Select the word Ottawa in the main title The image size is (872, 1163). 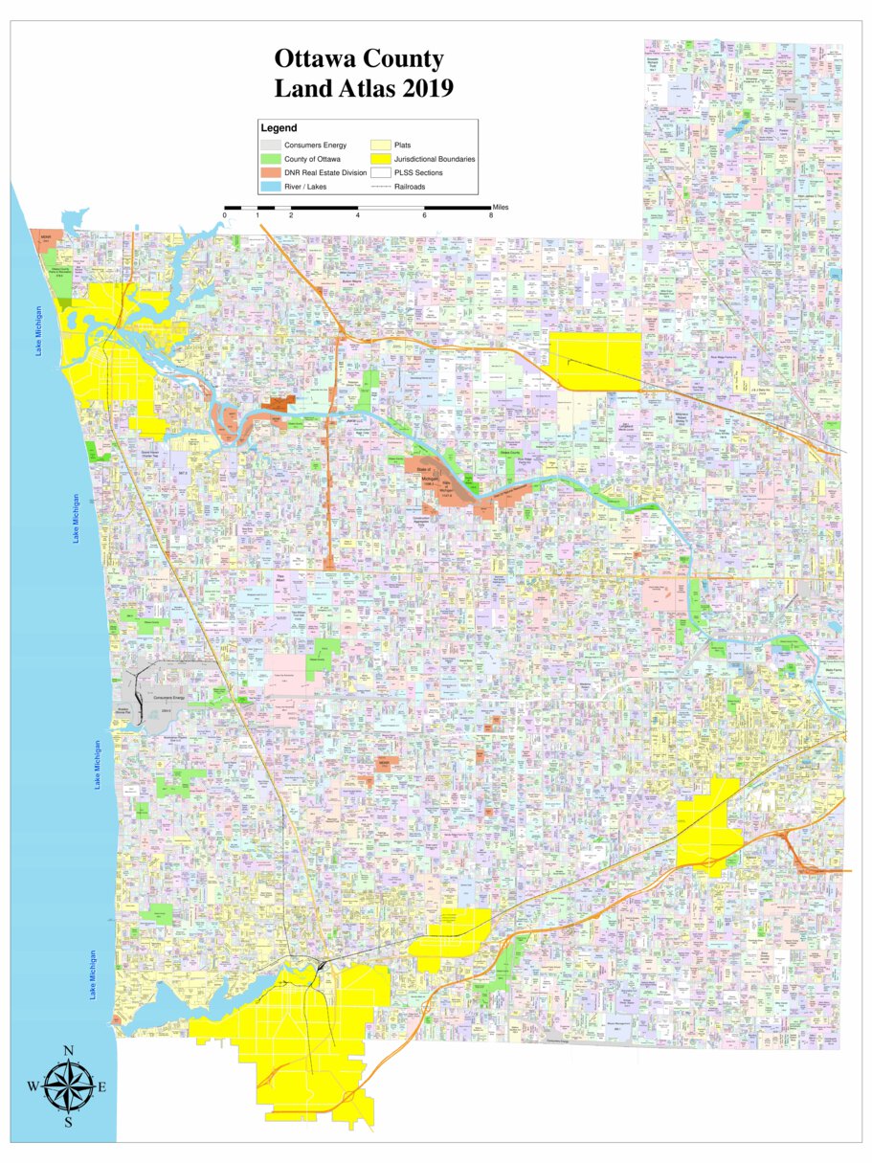313,59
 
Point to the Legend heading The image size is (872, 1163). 279,128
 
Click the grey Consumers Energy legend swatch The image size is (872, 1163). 271,145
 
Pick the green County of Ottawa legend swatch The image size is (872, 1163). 271,159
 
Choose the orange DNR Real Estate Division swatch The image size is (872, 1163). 271,172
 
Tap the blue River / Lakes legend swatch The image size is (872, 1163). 271,187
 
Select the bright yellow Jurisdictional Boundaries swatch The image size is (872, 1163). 381,159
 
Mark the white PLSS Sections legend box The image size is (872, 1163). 381,172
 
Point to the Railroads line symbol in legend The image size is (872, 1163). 381,187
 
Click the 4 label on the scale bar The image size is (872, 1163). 357,216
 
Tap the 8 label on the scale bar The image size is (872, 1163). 491,216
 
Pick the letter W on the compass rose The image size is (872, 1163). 33,1087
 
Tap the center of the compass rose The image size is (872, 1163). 69,1086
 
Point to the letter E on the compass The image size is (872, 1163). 102,1087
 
